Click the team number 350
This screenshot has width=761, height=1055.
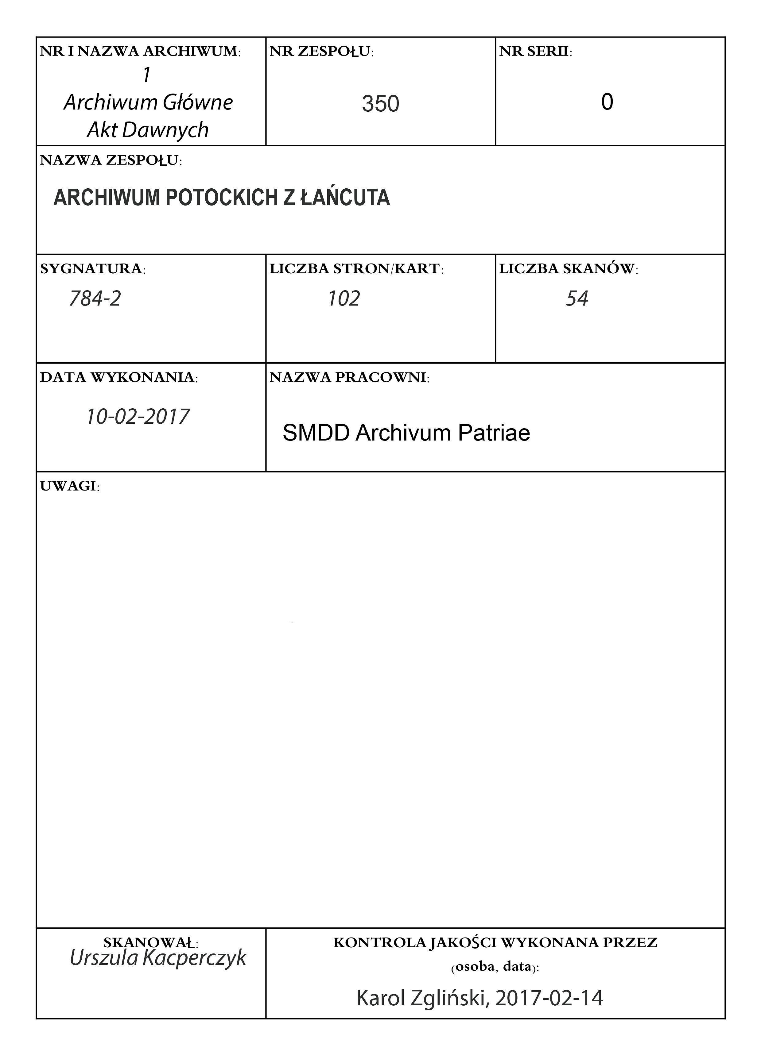(380, 103)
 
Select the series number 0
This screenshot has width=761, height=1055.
(607, 102)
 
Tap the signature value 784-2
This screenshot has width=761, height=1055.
(95, 298)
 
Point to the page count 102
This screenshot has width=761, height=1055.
(344, 298)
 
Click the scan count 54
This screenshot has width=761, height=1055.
(577, 298)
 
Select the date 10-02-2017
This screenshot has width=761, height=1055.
(138, 416)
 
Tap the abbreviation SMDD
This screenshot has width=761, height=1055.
(316, 433)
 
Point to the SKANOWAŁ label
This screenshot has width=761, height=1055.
(151, 943)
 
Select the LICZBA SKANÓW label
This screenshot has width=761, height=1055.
(568, 269)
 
